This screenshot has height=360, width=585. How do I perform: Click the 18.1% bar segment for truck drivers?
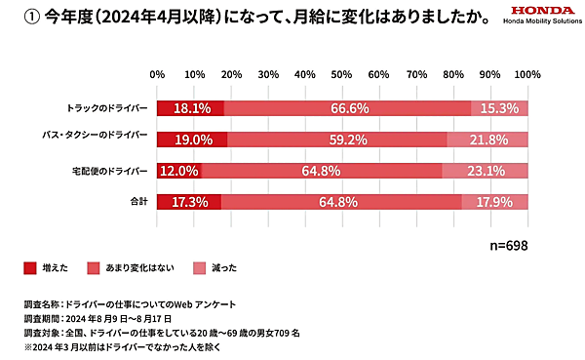[190, 108]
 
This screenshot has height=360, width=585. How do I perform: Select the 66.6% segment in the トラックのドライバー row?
[348, 108]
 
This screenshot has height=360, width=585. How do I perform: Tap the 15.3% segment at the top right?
[499, 108]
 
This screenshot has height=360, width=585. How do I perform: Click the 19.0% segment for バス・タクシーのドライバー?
[192, 140]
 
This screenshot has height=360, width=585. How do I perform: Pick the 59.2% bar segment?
[337, 140]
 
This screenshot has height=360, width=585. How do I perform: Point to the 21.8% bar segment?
[487, 140]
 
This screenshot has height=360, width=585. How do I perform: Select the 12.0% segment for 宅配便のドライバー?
[179, 171]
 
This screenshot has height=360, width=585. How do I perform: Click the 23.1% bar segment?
[485, 171]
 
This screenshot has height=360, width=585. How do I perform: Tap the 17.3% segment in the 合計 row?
[189, 202]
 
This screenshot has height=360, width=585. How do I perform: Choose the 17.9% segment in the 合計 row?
[494, 202]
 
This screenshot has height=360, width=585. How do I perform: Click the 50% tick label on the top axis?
[342, 74]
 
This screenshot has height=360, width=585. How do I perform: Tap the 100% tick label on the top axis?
[526, 74]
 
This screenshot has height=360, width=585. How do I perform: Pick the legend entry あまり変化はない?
[128, 266]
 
